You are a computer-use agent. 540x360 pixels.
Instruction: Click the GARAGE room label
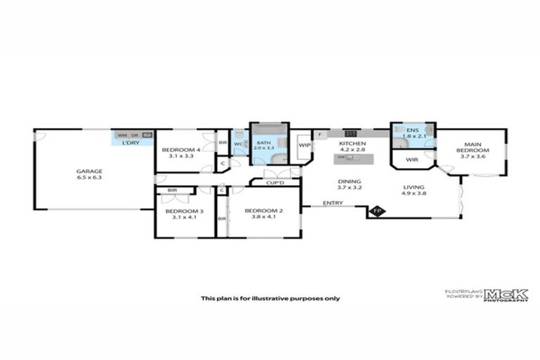click(x=89, y=171)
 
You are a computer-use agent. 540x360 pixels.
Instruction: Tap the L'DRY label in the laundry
click(x=131, y=143)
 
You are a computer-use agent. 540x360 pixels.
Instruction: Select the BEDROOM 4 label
click(x=181, y=150)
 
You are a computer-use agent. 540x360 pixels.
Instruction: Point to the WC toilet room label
click(x=238, y=144)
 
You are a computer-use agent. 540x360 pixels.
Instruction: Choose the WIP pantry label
click(x=304, y=146)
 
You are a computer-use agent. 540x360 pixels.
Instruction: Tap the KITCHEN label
click(x=353, y=143)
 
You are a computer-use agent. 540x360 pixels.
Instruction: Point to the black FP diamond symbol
click(x=377, y=210)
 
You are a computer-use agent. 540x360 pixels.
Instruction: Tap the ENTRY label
click(x=333, y=203)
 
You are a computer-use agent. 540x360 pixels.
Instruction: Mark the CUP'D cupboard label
click(x=275, y=184)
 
